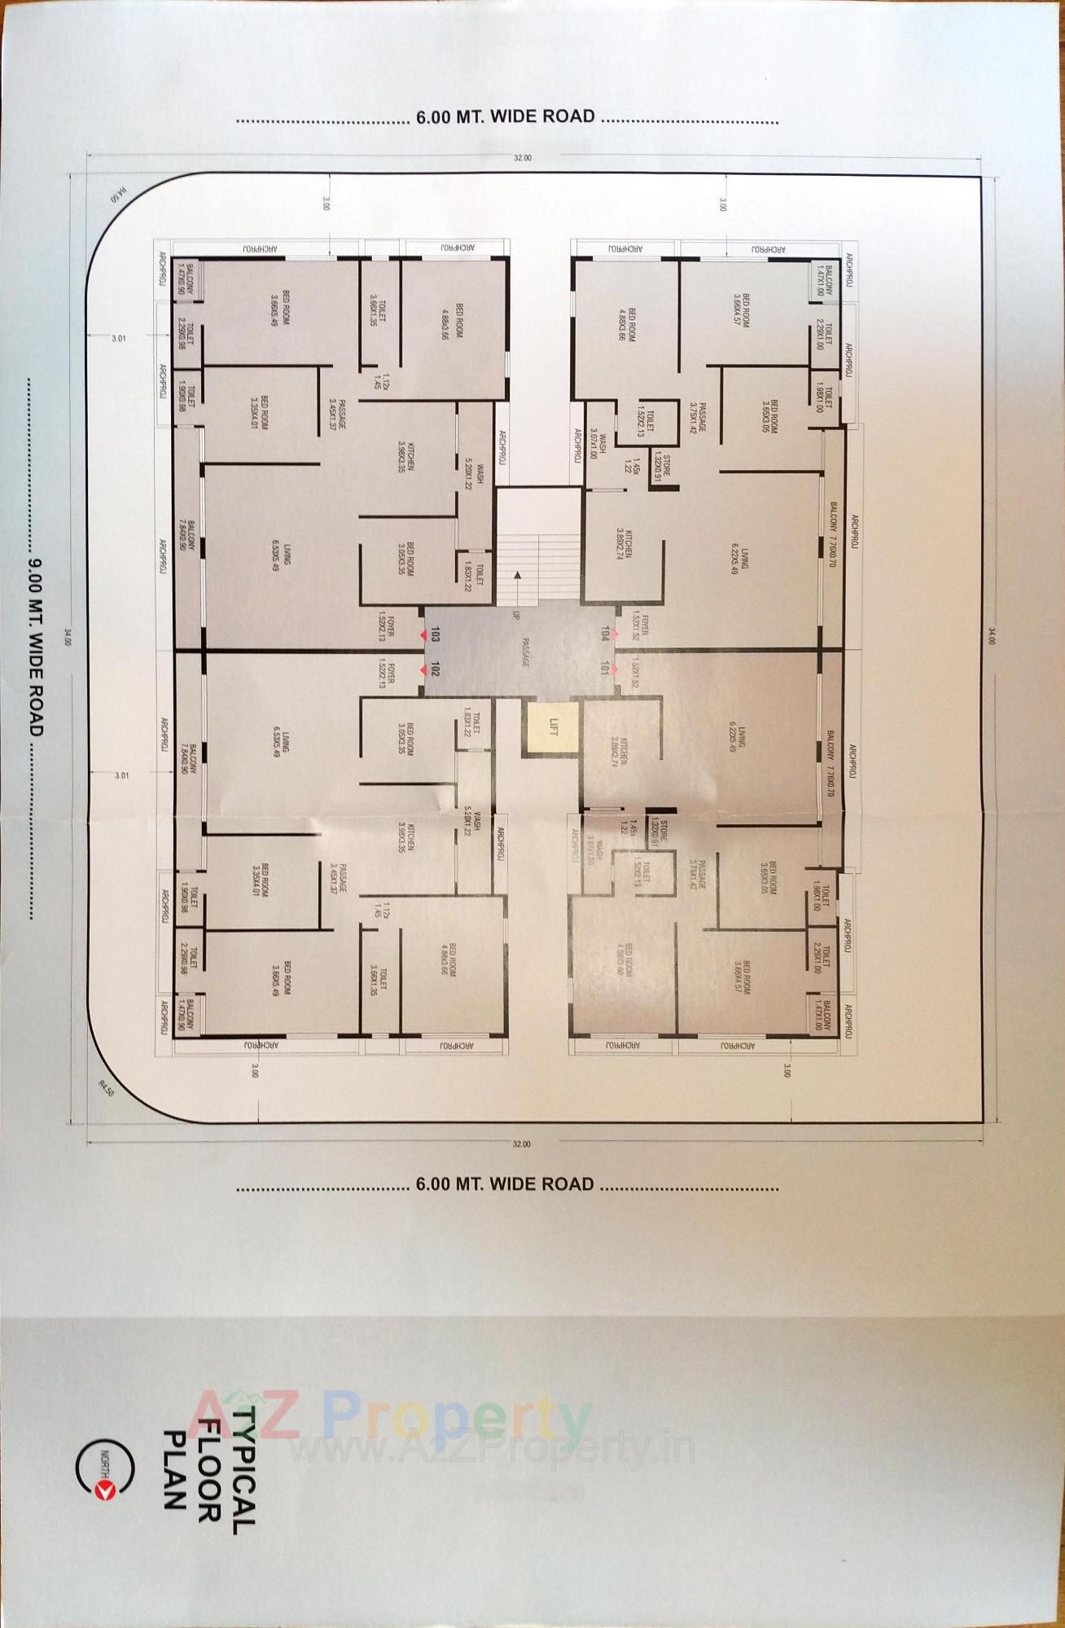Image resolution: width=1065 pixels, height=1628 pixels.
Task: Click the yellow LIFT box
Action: click(551, 727)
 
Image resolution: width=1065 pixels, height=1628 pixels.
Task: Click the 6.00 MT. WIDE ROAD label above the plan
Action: click(506, 116)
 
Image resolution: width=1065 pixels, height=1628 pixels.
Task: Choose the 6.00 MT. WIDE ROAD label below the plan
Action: click(506, 1184)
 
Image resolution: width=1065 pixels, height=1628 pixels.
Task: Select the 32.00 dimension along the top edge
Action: click(522, 158)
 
